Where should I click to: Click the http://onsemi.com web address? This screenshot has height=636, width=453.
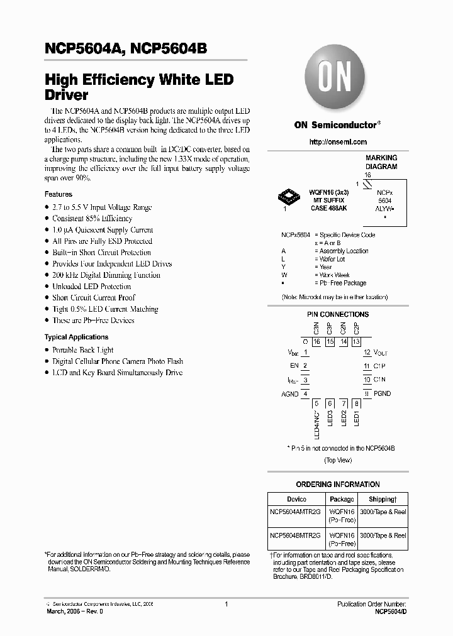pyautogui.click(x=338, y=142)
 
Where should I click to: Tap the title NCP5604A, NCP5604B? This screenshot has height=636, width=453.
pyautogui.click(x=126, y=50)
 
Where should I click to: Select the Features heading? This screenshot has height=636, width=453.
pyautogui.click(x=59, y=195)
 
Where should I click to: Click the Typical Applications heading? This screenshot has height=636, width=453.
pyautogui.click(x=76, y=337)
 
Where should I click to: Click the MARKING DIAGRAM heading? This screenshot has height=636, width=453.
pyautogui.click(x=381, y=162)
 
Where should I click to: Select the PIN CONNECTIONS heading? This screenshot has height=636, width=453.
pyautogui.click(x=338, y=314)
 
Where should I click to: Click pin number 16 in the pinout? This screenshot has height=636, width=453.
pyautogui.click(x=316, y=341)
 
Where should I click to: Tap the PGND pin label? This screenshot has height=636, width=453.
pyautogui.click(x=382, y=393)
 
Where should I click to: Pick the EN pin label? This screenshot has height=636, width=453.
pyautogui.click(x=294, y=365)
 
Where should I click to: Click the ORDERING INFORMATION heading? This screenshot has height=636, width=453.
pyautogui.click(x=338, y=485)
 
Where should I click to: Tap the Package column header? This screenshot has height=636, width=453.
pyautogui.click(x=342, y=499)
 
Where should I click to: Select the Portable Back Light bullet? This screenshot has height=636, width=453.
pyautogui.click(x=82, y=350)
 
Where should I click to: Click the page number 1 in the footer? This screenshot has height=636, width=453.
pyautogui.click(x=226, y=604)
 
